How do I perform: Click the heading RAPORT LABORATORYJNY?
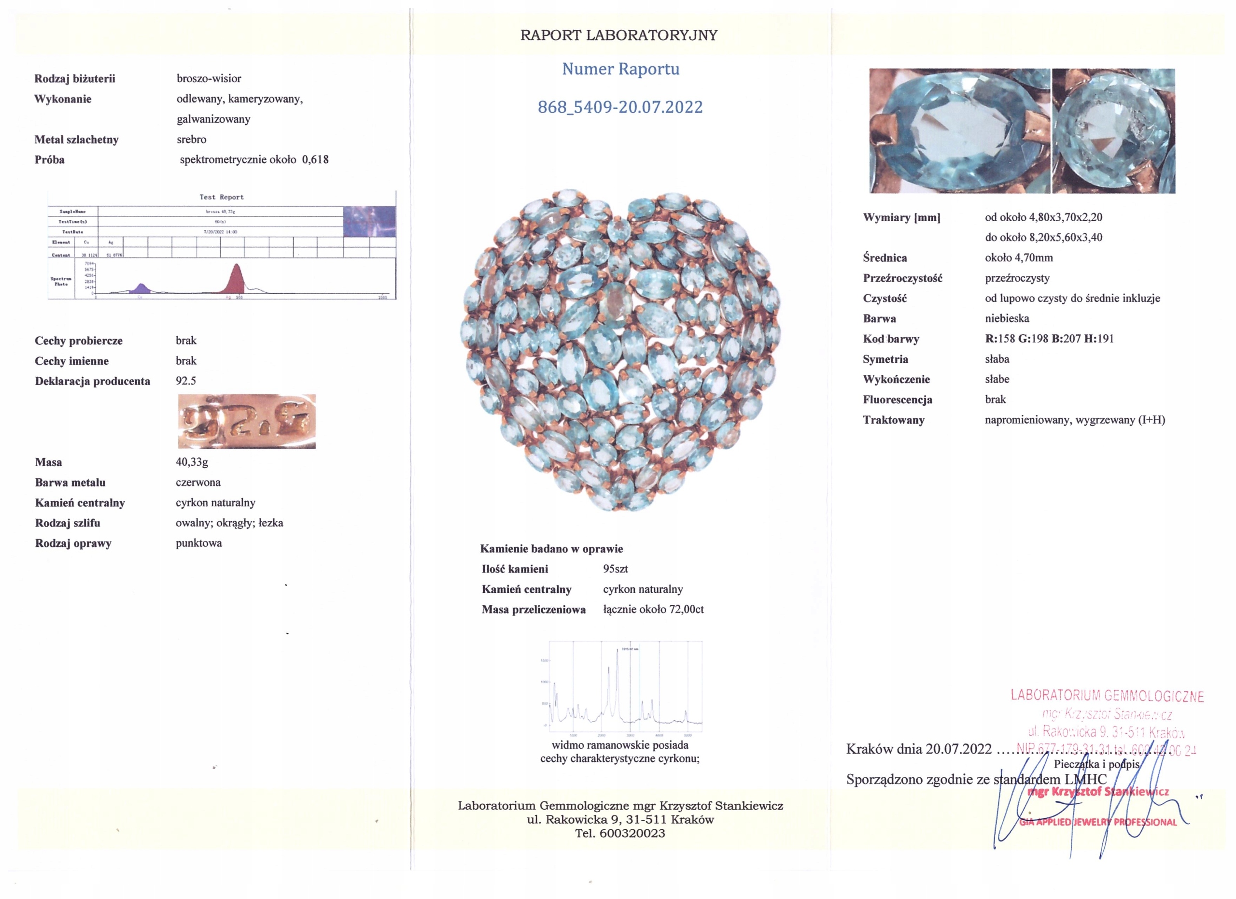tap(618, 35)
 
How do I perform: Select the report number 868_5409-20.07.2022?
tap(620, 107)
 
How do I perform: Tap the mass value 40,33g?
tap(192, 462)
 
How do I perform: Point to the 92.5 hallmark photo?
tap(246, 421)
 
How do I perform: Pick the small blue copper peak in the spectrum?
tap(141, 289)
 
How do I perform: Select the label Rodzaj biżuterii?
tap(75, 79)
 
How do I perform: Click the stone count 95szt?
tap(615, 569)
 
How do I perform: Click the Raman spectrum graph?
tap(625, 687)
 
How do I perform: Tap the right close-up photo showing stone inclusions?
tap(1113, 131)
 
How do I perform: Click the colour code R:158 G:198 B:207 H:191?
tap(1049, 339)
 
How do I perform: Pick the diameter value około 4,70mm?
tap(1019, 257)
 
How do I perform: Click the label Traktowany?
tap(893, 420)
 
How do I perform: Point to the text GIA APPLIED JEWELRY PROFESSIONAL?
tap(1097, 822)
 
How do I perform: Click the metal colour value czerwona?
tap(198, 482)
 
